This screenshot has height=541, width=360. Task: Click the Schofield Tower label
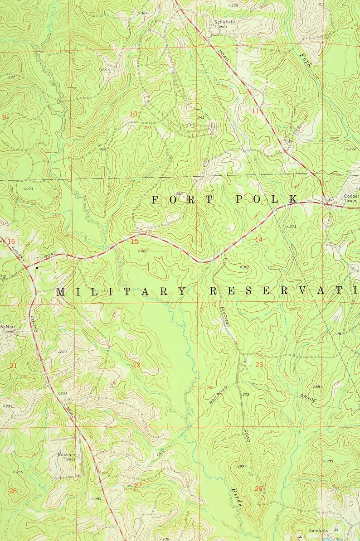click(225, 24)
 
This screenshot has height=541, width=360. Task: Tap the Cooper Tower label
click(350, 198)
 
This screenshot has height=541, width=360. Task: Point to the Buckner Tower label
click(66, 456)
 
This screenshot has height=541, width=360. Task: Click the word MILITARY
click(121, 292)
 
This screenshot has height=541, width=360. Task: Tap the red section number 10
click(133, 114)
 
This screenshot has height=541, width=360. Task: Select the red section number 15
click(134, 242)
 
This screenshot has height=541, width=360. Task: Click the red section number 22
click(136, 365)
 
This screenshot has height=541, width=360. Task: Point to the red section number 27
click(138, 485)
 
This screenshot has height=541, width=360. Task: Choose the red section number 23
click(259, 364)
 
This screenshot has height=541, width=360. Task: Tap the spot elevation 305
click(244, 267)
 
